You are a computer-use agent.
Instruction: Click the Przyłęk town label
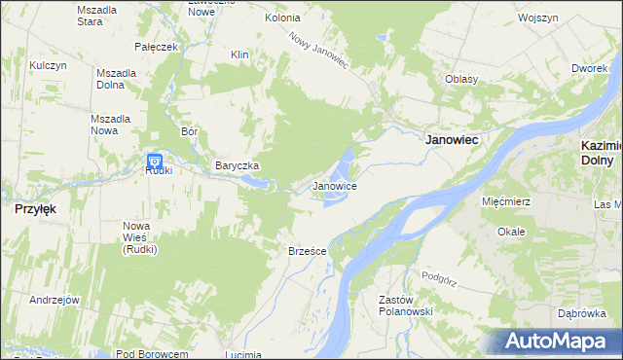32,208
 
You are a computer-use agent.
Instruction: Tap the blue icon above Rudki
155,161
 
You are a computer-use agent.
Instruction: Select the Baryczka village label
237,166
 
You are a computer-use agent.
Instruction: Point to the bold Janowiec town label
453,140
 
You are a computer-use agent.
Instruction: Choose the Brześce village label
307,250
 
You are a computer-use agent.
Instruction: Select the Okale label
511,232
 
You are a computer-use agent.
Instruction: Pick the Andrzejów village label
54,300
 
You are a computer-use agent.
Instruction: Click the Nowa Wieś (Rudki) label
140,237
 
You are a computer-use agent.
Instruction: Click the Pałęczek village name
156,47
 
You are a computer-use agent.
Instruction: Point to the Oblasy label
461,79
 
